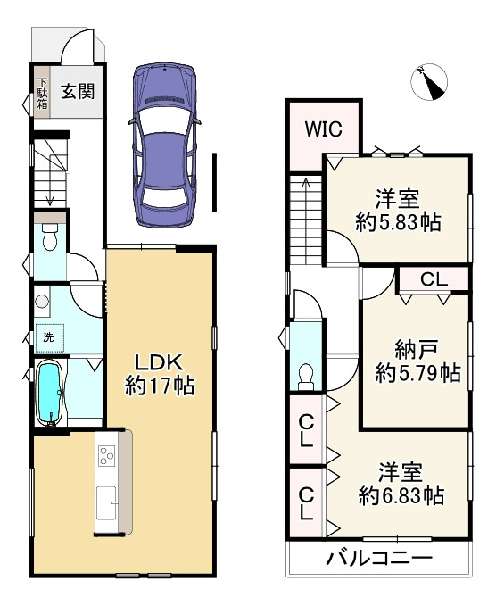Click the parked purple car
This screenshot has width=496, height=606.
[x=164, y=145]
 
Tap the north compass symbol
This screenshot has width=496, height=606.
[x=430, y=82]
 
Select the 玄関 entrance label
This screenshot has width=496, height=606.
[x=78, y=92]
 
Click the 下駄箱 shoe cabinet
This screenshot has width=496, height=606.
[x=43, y=92]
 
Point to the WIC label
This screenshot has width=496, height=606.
[x=323, y=129]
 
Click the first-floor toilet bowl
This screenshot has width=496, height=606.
[x=49, y=237]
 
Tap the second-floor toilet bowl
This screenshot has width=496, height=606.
[x=307, y=376]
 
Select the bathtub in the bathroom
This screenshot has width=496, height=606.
[x=50, y=393]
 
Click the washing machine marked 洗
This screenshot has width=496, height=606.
[x=49, y=337]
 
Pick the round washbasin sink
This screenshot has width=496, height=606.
[x=42, y=301]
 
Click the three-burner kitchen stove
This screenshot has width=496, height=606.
[x=106, y=455]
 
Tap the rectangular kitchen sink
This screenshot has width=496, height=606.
[x=106, y=502]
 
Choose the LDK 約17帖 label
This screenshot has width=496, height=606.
[x=159, y=374]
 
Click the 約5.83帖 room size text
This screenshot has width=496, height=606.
[x=398, y=222]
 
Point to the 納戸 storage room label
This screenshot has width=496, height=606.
[x=417, y=349]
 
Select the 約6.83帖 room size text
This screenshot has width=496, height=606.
[x=401, y=496]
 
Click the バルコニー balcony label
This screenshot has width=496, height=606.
[x=378, y=558]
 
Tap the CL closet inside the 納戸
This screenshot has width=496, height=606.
[x=434, y=279]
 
